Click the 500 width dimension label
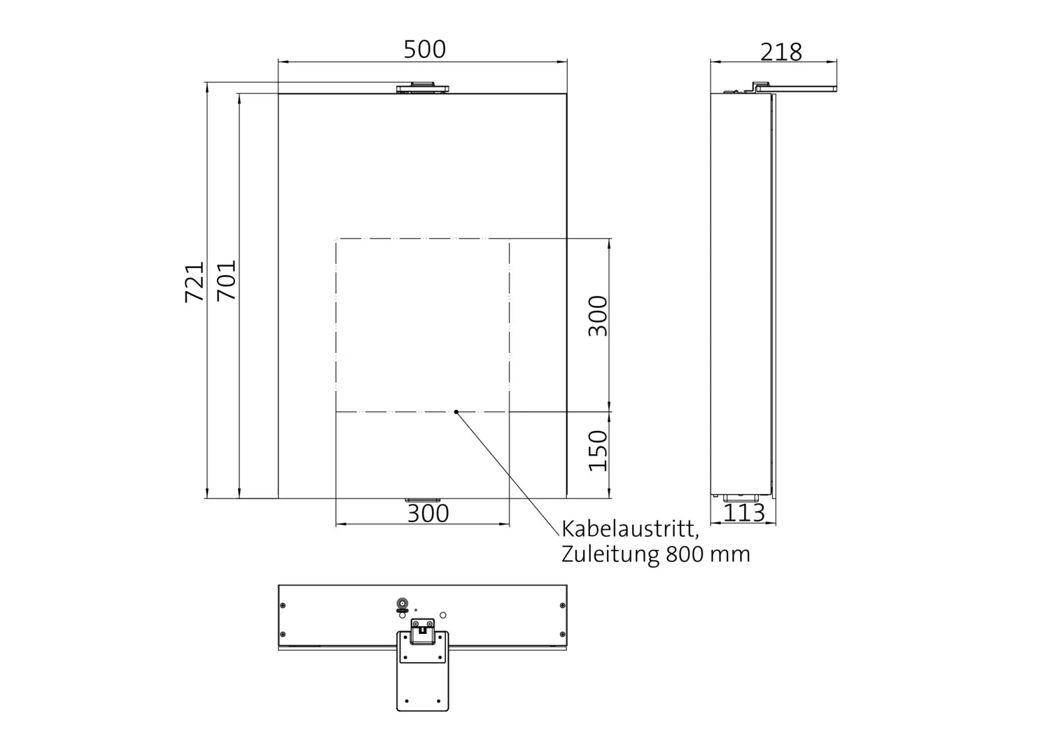point(424,50)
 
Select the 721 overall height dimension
point(195,281)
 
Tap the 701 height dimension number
point(227,280)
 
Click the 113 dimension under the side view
point(743,513)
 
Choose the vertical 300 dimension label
point(598,316)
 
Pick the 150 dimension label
point(598,451)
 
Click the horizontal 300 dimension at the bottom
point(428,514)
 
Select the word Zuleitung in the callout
point(610,554)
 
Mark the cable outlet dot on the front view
point(456,411)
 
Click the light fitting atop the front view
point(423,87)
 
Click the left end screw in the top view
point(283,606)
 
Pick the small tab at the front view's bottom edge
point(423,500)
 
